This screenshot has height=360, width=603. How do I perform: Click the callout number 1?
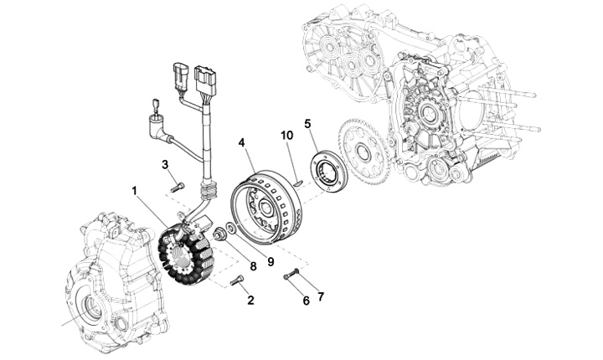[x=134, y=192]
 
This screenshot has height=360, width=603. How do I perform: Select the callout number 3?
[x=166, y=163]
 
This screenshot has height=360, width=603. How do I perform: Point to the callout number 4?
[x=241, y=143]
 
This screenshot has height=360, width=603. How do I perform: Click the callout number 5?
[x=308, y=124]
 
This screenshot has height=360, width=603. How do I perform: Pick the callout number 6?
[x=306, y=300]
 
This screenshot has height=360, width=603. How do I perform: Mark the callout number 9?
[x=271, y=261]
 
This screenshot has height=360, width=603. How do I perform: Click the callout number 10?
[x=286, y=135]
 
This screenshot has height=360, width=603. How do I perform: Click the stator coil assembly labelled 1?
[x=186, y=251]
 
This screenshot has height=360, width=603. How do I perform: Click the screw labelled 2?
[x=237, y=280]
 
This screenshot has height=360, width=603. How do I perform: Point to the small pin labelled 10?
[x=296, y=177]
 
